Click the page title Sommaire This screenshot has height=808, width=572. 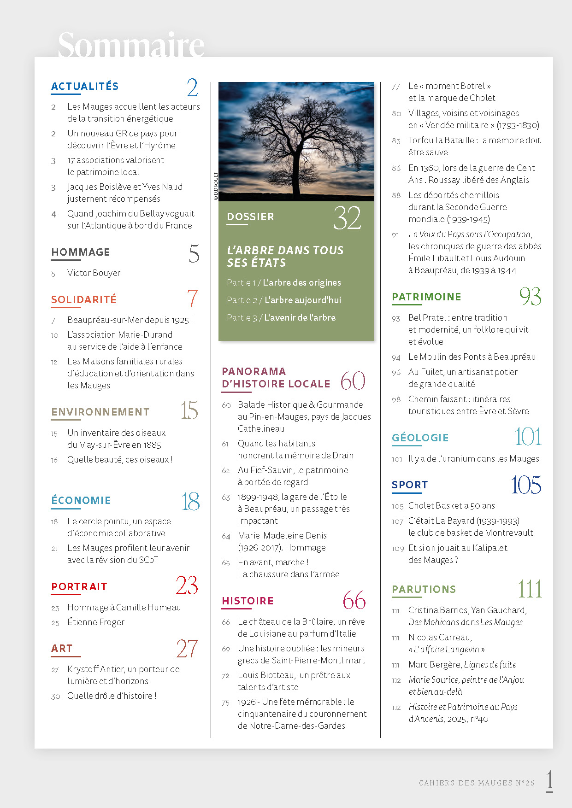131,45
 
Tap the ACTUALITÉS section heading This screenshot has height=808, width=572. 85,87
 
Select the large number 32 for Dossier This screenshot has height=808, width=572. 347,218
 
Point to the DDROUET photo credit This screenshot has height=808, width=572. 216,186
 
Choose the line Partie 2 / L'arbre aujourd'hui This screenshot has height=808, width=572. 284,300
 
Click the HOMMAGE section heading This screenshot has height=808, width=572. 81,252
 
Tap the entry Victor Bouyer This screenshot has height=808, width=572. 94,273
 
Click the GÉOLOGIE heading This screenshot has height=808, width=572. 420,438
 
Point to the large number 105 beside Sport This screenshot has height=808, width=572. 526,485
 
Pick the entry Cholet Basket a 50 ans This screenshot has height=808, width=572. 451,506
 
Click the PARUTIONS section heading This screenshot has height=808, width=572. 424,590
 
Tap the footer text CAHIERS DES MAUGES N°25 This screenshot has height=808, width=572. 477,783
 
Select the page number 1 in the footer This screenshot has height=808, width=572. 549,780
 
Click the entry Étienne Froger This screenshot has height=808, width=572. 96,622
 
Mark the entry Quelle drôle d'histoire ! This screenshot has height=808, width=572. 112,696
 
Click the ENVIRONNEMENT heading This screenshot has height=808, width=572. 100,412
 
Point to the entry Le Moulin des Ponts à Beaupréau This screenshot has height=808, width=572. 472,357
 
